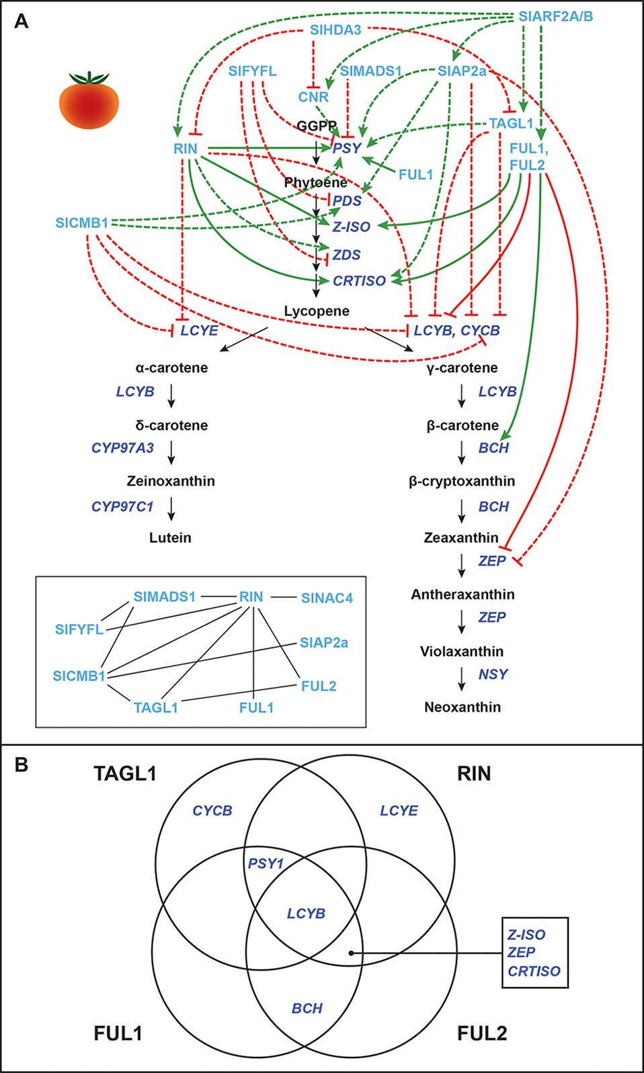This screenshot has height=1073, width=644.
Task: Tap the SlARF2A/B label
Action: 555,16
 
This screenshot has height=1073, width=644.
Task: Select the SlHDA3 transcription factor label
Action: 335,30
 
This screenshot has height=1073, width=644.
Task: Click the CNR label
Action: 313,97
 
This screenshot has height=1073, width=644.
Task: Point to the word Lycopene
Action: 317,311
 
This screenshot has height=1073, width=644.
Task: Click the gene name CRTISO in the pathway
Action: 359,281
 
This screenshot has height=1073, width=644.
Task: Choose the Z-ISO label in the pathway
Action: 351,227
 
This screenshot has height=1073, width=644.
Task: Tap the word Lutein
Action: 170,538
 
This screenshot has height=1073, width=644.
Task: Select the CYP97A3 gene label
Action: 122,448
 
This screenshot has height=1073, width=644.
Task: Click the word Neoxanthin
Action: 462,707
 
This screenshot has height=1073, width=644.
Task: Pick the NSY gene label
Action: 493,674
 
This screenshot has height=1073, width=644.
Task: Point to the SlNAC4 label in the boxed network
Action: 327,598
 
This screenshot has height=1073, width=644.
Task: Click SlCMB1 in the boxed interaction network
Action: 79,676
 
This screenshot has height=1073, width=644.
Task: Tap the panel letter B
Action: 22,765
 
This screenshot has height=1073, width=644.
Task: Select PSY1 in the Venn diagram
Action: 266,864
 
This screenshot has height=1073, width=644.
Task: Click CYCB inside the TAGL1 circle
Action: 212,811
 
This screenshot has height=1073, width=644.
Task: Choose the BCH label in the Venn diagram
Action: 307,1008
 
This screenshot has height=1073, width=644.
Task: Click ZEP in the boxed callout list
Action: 522,953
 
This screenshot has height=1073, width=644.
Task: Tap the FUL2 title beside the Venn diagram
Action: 482,1033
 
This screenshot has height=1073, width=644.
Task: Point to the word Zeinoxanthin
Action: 171,481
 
